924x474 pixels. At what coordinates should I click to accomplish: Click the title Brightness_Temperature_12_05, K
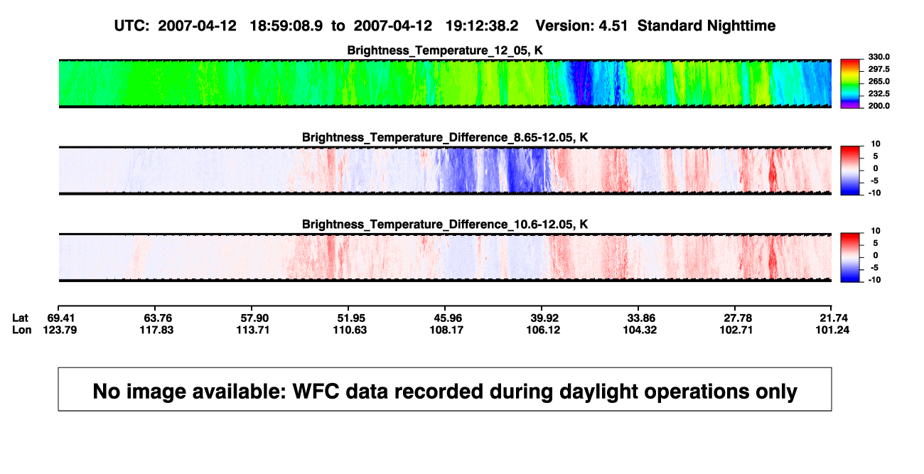[x=445, y=50]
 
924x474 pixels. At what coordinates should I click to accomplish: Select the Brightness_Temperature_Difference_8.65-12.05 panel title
[x=445, y=137]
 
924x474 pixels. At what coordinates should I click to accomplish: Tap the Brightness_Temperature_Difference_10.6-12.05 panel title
[x=445, y=225]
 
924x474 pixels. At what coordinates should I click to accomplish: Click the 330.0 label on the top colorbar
[x=879, y=57]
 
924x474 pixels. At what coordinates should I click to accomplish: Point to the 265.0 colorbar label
[x=879, y=81]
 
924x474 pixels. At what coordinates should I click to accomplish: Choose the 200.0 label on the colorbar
[x=879, y=106]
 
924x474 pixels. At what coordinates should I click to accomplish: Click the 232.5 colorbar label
[x=879, y=94]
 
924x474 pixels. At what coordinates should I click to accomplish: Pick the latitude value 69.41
[x=60, y=318]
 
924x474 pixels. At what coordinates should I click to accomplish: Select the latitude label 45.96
[x=448, y=318]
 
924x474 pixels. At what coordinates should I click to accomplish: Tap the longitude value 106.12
[x=543, y=330]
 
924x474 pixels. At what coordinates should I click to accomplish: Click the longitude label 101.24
[x=832, y=330]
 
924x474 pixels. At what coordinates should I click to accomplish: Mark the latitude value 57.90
[x=254, y=318]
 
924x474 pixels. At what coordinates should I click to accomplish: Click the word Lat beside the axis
[x=20, y=318]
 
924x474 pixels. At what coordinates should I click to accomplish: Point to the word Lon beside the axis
[x=21, y=330]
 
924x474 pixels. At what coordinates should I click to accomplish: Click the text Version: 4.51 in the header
[x=581, y=26]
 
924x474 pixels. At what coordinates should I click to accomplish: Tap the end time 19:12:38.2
[x=482, y=26]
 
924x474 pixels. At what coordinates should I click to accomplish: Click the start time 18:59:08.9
[x=286, y=26]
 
